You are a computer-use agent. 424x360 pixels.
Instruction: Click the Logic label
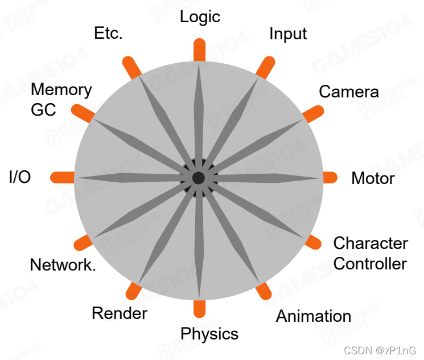[x=200, y=17]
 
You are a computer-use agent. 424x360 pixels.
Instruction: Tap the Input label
[x=288, y=34]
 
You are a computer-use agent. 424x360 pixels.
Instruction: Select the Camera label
[x=348, y=92]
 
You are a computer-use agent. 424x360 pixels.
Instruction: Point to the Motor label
[x=373, y=178]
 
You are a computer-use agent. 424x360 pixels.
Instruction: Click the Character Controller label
[x=370, y=253]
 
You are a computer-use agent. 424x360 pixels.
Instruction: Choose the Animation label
[x=313, y=316]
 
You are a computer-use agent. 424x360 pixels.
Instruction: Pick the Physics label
[x=209, y=333]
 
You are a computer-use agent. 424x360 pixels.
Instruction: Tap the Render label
[x=120, y=313]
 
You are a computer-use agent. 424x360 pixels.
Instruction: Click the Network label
[x=63, y=265]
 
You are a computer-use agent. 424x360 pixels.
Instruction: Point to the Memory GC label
[x=60, y=99]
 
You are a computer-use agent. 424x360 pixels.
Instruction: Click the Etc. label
[x=108, y=34]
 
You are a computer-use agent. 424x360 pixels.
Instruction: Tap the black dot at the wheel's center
[x=198, y=178]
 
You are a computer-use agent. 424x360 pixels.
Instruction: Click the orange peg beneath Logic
[x=199, y=50]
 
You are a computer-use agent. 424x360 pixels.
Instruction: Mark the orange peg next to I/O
[x=63, y=177]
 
